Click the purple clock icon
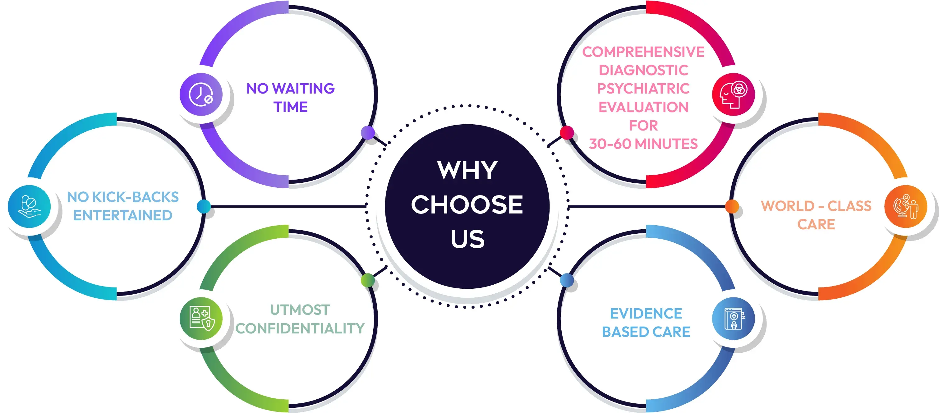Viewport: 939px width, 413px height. (201, 94)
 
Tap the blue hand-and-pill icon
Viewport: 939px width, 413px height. (29, 207)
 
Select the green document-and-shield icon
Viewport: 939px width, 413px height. (201, 319)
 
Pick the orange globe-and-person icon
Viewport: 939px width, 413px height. (905, 207)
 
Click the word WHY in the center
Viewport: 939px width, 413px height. (467, 170)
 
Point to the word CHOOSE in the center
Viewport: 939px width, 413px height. (467, 204)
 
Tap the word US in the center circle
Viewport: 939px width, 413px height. (467, 239)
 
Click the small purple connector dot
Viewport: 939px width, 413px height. (368, 132)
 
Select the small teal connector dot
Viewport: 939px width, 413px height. (203, 206)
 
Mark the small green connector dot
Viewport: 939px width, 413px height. (367, 280)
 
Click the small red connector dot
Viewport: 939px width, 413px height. (567, 132)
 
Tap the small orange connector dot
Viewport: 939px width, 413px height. (732, 206)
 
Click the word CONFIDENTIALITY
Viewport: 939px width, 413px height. (300, 328)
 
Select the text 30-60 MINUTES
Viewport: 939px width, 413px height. (643, 144)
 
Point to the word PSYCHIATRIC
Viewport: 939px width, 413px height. (643, 89)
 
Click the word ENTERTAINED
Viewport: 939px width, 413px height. (123, 215)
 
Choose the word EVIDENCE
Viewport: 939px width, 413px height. (646, 314)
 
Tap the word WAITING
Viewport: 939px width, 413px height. (303, 89)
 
